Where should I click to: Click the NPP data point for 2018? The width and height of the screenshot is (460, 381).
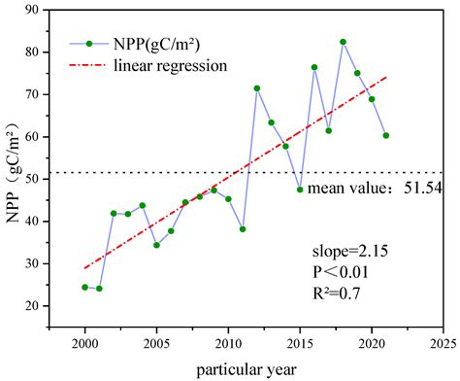343,42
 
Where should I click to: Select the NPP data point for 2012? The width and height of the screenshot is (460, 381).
257,88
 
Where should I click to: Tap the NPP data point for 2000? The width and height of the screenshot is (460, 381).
85,287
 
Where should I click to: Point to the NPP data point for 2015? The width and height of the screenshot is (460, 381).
300,190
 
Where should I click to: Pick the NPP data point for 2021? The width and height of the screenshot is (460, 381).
385,135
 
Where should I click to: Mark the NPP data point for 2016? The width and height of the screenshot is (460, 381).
314,67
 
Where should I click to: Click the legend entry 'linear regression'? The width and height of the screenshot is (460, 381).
170,66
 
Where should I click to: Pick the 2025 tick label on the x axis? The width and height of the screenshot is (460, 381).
443,344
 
